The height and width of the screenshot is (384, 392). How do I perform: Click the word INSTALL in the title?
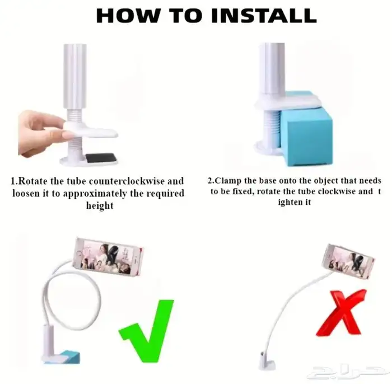264,16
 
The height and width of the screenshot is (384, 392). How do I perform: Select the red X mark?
340,313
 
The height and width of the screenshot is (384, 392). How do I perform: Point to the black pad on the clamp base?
101,158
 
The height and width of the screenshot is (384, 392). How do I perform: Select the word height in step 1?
100,205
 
